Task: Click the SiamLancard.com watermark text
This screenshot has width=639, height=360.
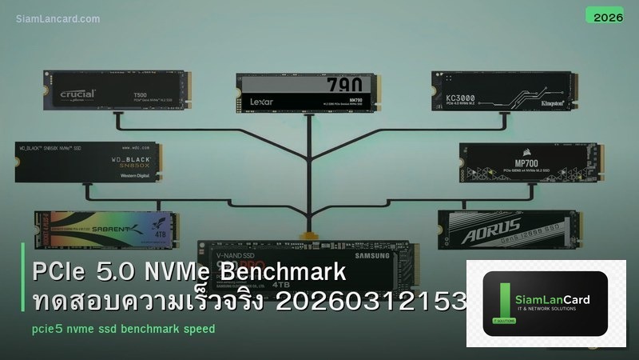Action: coord(58,18)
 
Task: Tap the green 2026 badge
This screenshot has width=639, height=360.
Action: coord(604,14)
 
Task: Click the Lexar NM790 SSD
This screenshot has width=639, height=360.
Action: coord(308,92)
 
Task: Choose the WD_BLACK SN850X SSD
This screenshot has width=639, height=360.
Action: coord(87,162)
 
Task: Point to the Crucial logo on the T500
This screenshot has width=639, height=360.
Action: coord(77,94)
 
